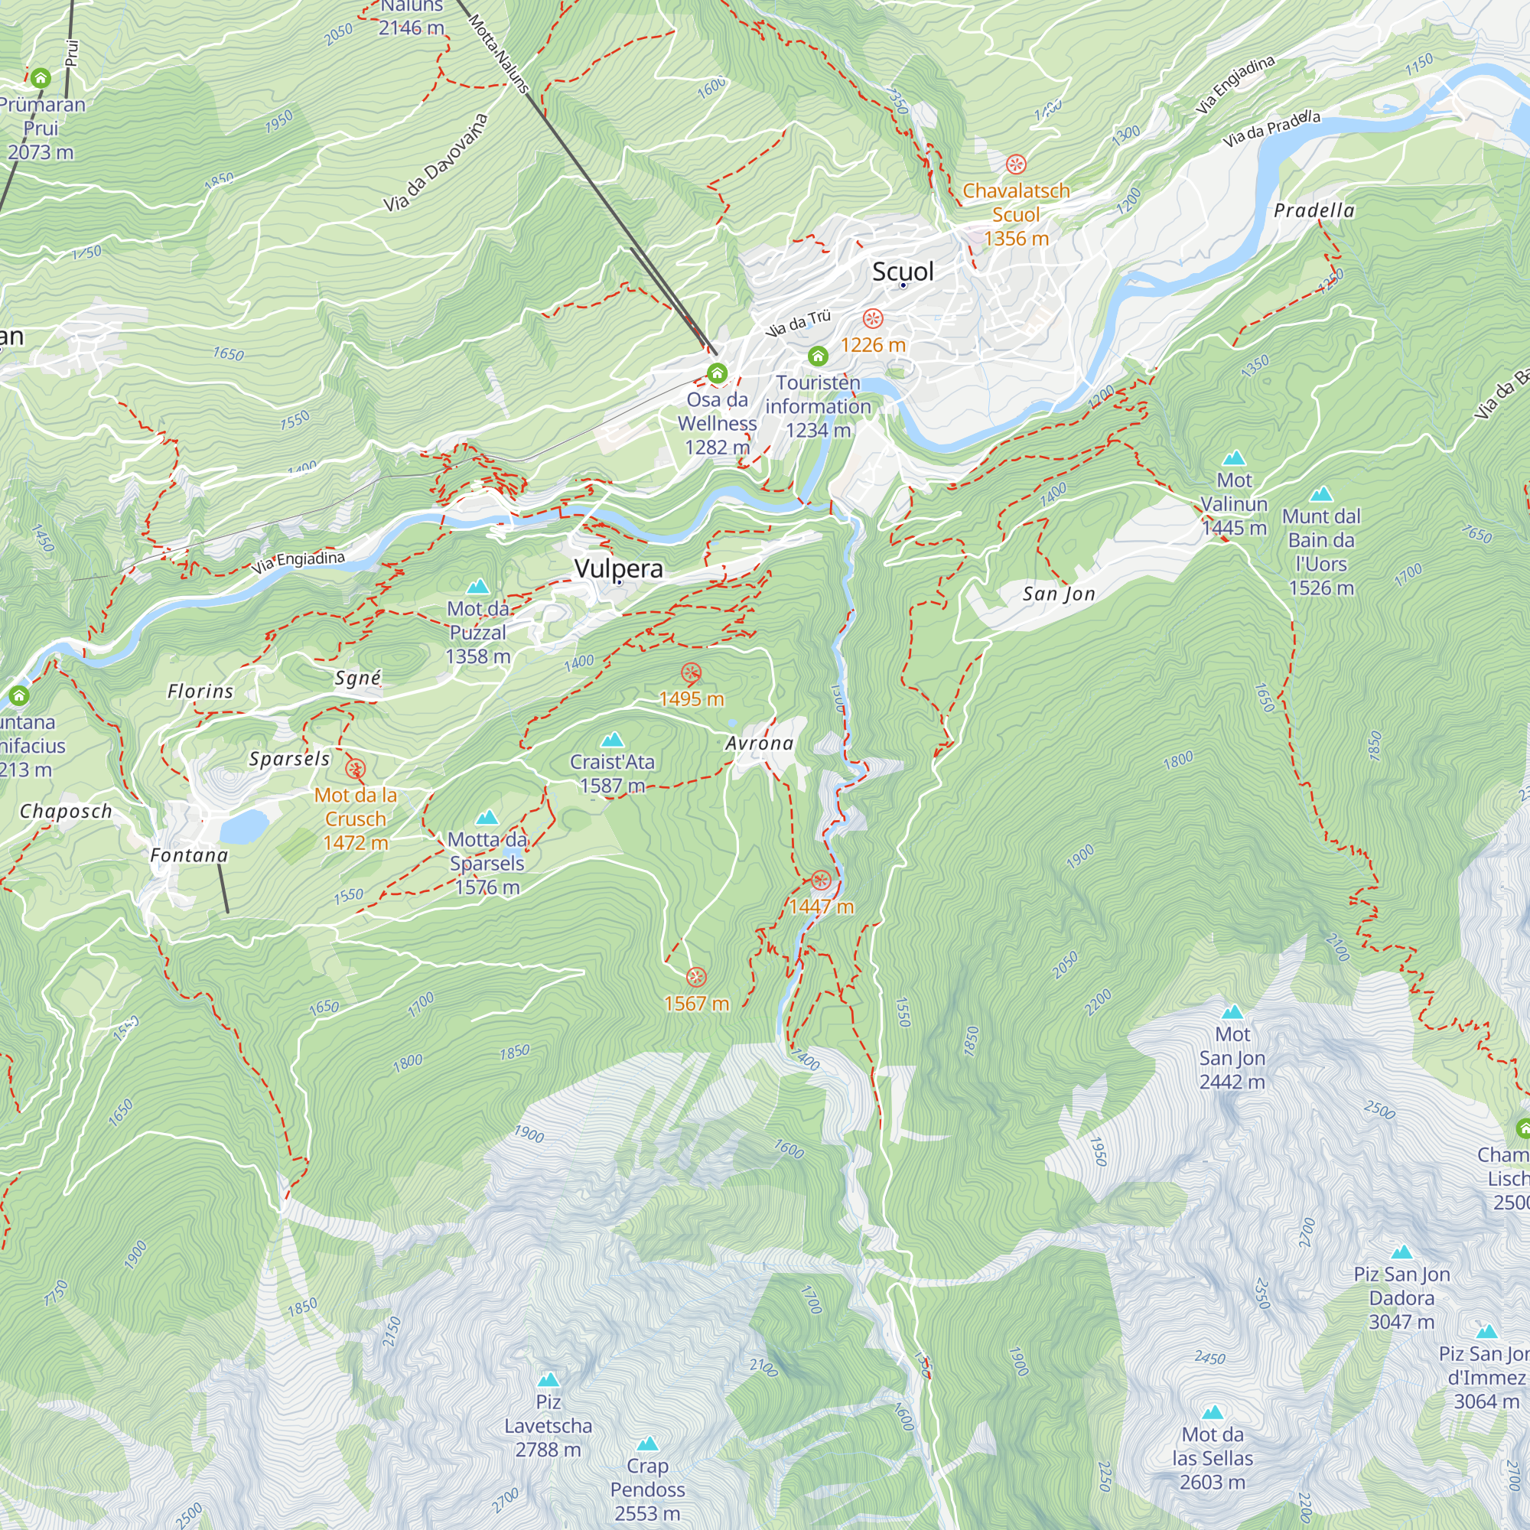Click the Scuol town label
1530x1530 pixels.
(903, 272)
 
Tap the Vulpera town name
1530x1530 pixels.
(618, 568)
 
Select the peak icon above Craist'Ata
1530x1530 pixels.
(612, 740)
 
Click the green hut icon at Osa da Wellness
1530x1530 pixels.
(718, 373)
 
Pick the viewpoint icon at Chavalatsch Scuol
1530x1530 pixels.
(1016, 164)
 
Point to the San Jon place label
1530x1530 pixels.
(1059, 594)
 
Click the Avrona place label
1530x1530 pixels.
(759, 744)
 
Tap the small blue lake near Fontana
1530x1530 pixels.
(244, 827)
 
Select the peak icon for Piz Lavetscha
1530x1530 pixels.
(548, 1380)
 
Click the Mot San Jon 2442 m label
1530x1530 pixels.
(1232, 1058)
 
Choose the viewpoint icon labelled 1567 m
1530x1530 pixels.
(696, 976)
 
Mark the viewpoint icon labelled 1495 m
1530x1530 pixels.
(692, 673)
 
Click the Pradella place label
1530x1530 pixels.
(1314, 210)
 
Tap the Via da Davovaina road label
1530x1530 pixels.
(435, 163)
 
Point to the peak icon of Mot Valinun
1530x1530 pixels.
(1234, 457)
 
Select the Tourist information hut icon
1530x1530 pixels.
(818, 356)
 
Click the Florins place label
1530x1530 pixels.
(200, 692)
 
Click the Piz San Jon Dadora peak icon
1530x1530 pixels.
(1401, 1252)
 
